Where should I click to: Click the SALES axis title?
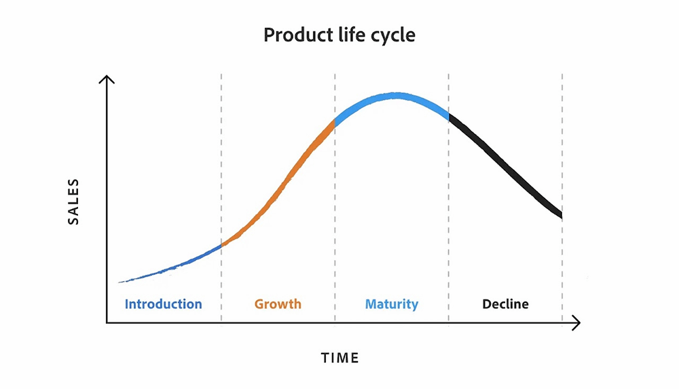pos(73,202)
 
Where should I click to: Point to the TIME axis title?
pos(340,358)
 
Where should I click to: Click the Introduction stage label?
pos(163,304)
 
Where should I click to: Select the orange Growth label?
pos(278,304)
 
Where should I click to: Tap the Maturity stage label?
pos(392,305)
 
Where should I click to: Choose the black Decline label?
pos(505,304)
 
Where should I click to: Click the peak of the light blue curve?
pos(395,95)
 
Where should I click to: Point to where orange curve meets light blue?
pos(335,123)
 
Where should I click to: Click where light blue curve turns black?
pos(449,117)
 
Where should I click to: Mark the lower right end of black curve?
pos(562,215)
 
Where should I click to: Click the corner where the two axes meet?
pos(107,322)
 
